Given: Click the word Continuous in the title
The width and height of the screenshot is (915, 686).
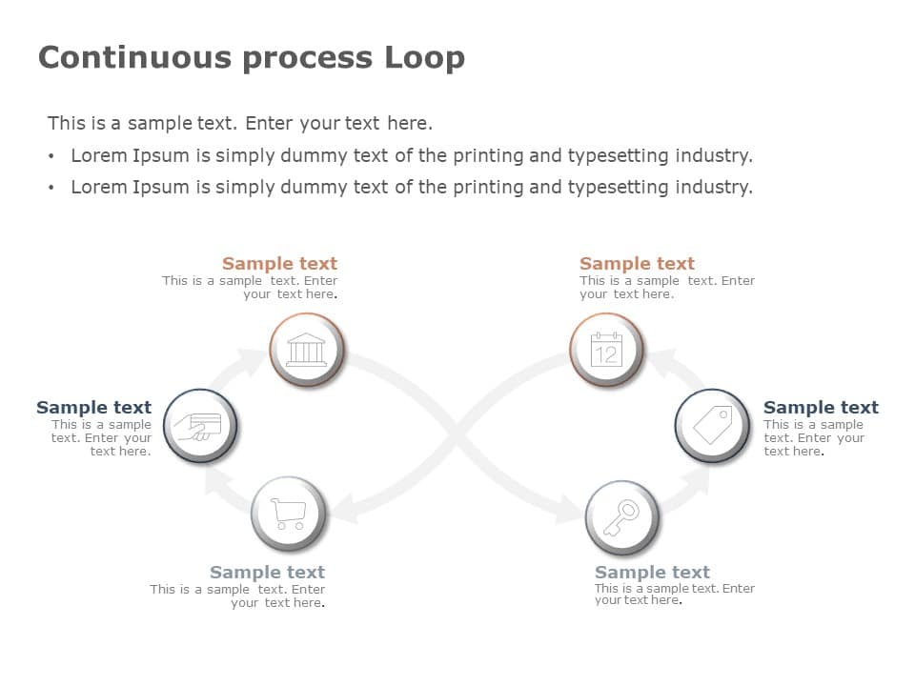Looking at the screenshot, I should [x=135, y=57].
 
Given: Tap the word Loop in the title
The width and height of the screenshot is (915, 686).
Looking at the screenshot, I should [x=424, y=57].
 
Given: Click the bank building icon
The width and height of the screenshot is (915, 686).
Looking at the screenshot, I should [x=306, y=350].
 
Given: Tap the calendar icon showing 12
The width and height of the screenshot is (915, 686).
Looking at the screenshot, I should [x=606, y=350].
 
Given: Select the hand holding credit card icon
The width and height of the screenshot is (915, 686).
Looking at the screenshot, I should [x=199, y=425].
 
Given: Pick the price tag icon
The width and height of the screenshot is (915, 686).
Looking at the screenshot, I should [x=712, y=425].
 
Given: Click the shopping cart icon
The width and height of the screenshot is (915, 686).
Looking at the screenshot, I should [x=288, y=514].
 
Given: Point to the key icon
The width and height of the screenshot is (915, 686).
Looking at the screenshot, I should [x=621, y=517].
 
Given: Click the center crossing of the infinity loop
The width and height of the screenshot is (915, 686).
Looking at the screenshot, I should [x=457, y=435].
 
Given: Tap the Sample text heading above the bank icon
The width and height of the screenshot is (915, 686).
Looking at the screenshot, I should [x=279, y=264].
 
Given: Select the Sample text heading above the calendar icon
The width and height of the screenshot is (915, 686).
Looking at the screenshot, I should [x=637, y=264].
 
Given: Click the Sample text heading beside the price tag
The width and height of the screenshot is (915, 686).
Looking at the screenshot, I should [x=821, y=408].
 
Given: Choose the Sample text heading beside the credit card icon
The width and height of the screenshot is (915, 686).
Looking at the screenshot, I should [x=93, y=408].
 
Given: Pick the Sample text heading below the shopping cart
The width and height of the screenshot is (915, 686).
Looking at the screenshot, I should [x=267, y=573].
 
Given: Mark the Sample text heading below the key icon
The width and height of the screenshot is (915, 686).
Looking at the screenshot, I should [x=652, y=573].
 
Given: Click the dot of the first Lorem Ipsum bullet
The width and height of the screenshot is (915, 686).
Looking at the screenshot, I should [x=51, y=156].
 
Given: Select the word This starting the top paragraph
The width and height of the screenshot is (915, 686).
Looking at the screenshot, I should [x=67, y=123].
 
